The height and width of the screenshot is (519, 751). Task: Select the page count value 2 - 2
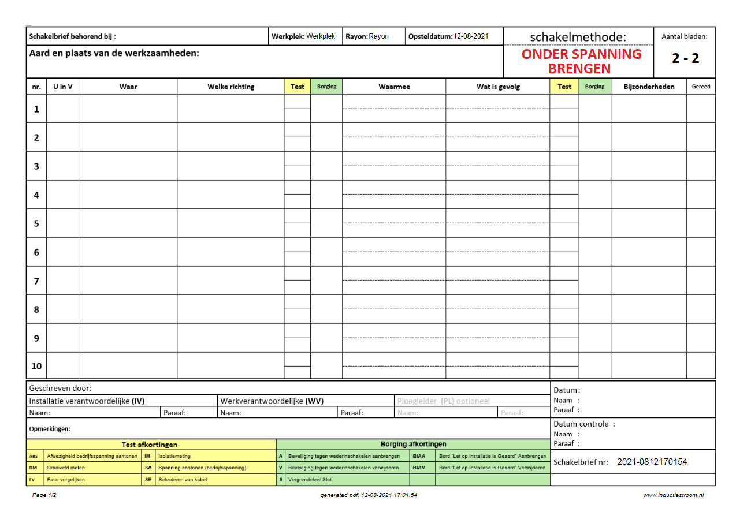685,58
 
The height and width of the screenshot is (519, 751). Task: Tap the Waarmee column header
394,87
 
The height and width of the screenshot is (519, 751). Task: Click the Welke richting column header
230,87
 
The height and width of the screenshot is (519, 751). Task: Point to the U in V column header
62,87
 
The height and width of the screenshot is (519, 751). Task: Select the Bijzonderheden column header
649,87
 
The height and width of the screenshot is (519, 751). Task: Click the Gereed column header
701,87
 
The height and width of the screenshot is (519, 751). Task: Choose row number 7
36,281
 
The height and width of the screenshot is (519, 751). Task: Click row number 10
36,367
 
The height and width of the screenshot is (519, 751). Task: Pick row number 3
36,166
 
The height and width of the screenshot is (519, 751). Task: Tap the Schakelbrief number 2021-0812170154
652,462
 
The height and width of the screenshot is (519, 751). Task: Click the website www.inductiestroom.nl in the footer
673,495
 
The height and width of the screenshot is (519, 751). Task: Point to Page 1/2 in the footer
44,495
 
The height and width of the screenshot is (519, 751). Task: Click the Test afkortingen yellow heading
150,445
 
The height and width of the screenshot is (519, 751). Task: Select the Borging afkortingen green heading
413,444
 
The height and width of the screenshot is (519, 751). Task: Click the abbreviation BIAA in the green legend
419,456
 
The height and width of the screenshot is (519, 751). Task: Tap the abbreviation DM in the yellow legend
33,468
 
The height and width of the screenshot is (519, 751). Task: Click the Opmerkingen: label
50,429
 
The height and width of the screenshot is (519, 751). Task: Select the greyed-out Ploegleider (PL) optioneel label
443,401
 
